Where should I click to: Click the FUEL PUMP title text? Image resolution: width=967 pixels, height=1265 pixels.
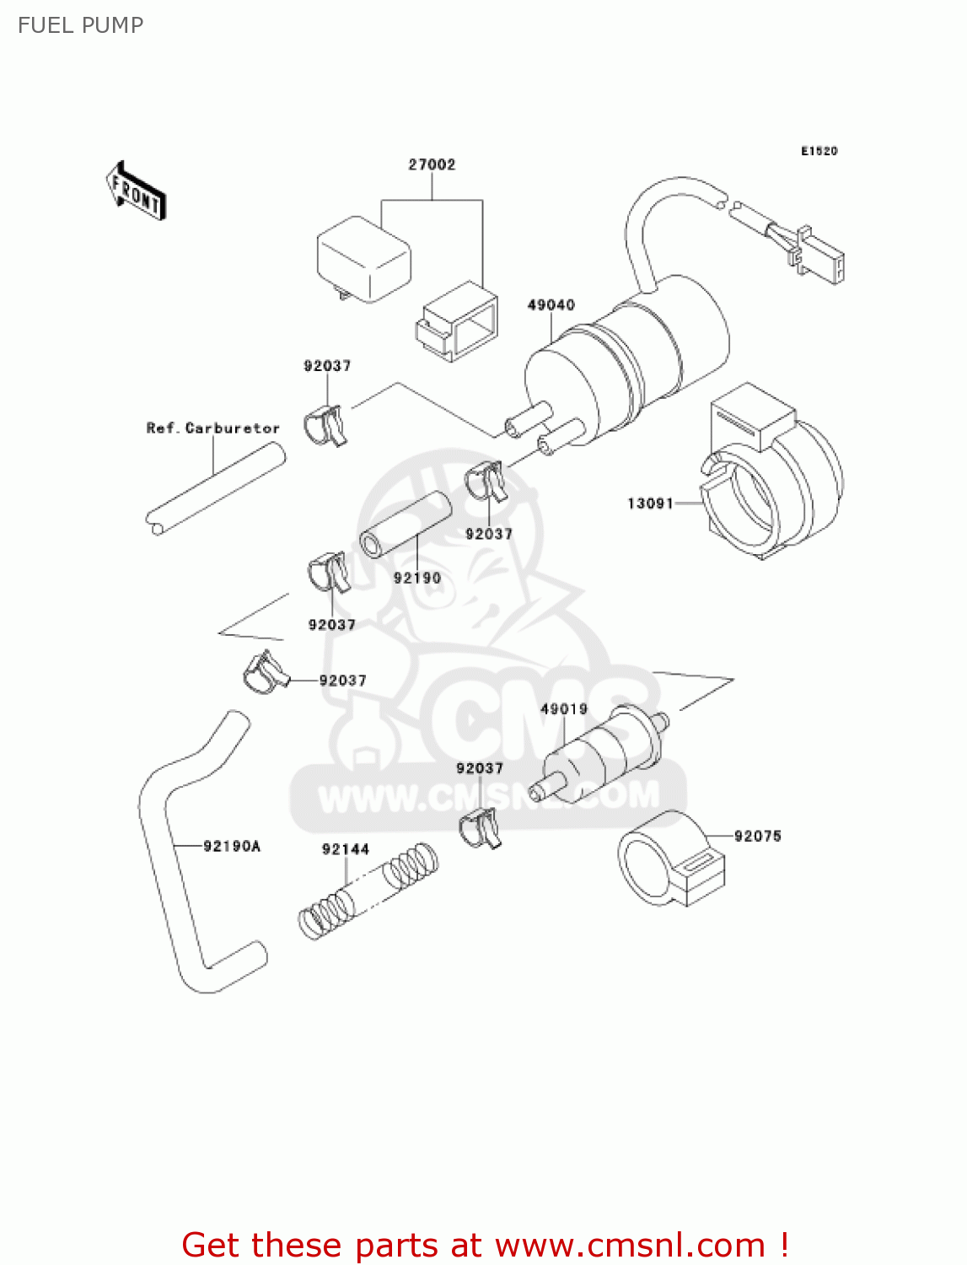80,25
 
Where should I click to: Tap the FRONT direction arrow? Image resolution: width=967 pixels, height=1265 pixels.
136,191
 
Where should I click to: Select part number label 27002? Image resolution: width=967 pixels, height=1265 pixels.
432,164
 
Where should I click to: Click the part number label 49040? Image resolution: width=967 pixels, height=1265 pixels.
551,304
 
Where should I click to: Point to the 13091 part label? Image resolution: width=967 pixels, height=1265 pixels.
650,503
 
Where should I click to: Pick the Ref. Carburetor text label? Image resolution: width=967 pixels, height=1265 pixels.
212,428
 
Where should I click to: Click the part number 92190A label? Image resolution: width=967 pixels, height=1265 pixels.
232,846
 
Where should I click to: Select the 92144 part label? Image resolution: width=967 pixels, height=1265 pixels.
346,849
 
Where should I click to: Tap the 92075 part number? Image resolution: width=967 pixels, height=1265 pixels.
757,836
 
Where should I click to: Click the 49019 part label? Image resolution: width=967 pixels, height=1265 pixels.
564,709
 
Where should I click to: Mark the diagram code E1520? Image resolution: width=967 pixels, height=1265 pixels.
819,151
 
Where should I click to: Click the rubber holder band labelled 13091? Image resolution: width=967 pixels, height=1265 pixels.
771,481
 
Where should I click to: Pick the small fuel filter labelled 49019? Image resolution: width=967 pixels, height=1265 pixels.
599,753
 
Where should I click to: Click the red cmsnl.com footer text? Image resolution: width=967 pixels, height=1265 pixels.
485,1245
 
